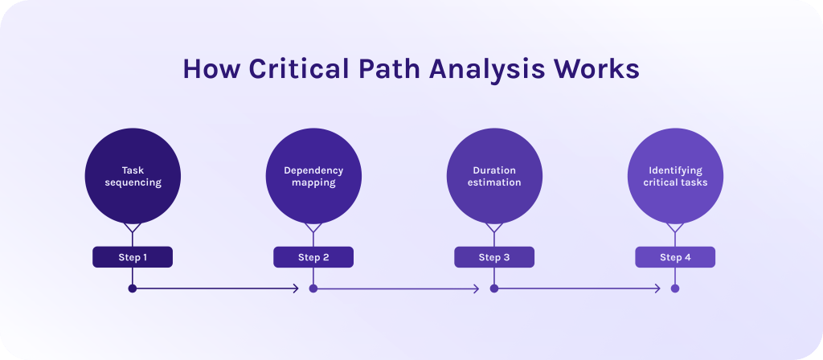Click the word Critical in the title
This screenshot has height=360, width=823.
tap(288, 69)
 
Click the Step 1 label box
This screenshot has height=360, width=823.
tap(133, 257)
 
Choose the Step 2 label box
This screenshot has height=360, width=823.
tap(313, 257)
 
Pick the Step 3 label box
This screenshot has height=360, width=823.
tap(494, 257)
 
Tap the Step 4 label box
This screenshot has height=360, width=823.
tap(675, 257)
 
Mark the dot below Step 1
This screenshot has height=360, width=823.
tap(133, 288)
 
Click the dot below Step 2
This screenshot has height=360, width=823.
tap(313, 288)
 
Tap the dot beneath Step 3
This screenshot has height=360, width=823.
tap(494, 288)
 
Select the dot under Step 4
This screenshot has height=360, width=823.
tap(675, 288)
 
